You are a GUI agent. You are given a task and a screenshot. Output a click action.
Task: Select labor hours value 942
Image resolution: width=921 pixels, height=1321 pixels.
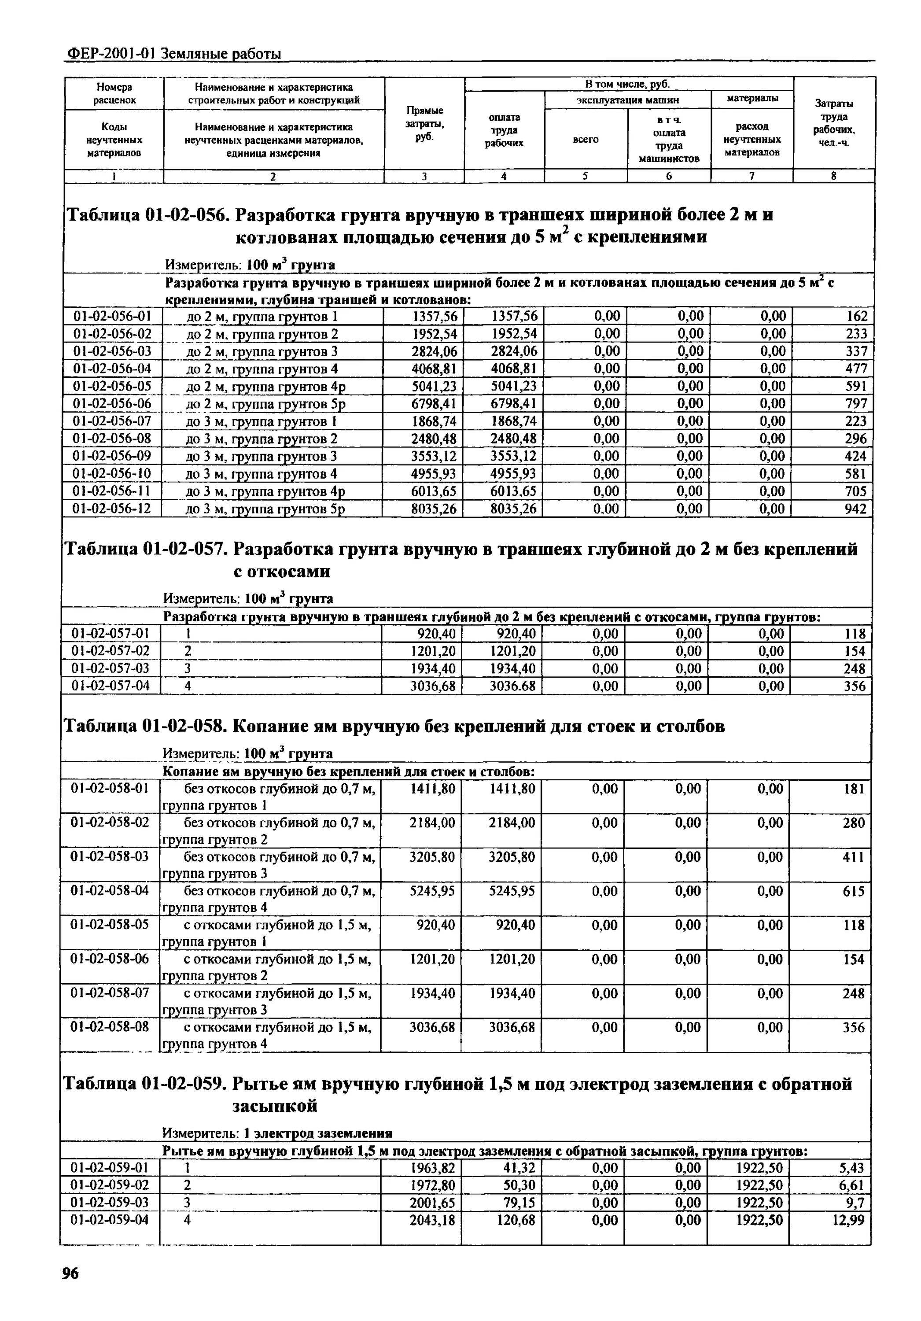pos(855,509)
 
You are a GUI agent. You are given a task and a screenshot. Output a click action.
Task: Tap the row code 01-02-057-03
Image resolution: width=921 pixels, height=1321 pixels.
pos(110,668)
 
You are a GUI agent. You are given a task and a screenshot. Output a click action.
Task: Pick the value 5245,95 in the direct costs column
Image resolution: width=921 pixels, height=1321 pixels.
pos(431,891)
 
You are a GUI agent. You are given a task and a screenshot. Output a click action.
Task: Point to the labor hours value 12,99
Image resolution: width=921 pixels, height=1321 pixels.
pos(848,1220)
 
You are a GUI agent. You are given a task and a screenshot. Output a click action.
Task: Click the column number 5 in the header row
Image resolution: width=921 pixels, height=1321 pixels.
pos(585,176)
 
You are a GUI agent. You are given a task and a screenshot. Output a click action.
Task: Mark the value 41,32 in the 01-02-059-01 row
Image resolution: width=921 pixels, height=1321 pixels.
pos(519,1167)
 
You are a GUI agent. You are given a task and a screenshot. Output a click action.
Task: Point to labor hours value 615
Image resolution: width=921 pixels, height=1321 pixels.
pos(853,891)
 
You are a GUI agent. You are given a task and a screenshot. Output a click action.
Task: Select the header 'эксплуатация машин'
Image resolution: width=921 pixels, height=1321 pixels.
pos(628,100)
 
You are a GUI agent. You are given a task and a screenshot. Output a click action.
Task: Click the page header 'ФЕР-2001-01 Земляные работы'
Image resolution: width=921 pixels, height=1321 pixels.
pos(174,54)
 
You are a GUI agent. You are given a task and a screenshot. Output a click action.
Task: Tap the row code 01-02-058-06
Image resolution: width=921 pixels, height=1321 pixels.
pos(109,959)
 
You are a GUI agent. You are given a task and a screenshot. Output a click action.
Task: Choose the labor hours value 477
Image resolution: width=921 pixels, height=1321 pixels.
pos(856,368)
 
